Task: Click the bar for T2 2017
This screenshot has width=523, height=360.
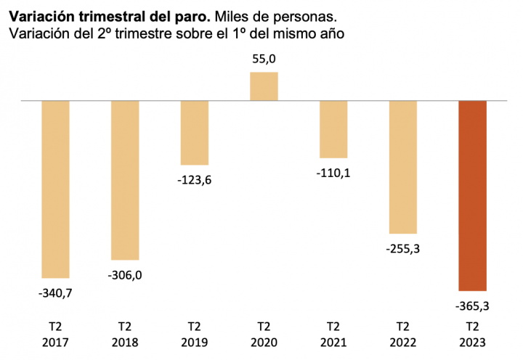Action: click(55, 189)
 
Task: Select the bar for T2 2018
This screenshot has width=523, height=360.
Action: click(125, 180)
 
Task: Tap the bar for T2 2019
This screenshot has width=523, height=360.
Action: click(194, 133)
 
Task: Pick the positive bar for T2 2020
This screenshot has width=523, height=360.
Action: click(264, 86)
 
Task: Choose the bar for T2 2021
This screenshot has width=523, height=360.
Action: click(333, 129)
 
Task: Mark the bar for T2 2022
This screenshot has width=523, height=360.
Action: click(403, 167)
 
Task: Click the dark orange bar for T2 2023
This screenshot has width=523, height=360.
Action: click(472, 195)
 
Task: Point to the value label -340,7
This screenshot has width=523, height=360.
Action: click(55, 293)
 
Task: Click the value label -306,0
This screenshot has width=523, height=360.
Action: click(125, 275)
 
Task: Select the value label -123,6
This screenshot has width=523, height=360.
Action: click(194, 180)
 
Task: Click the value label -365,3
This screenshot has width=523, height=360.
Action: click(472, 306)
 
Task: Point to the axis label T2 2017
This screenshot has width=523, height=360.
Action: click(55, 333)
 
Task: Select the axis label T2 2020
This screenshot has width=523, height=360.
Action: click(264, 333)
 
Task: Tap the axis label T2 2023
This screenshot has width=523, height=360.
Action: click(472, 333)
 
